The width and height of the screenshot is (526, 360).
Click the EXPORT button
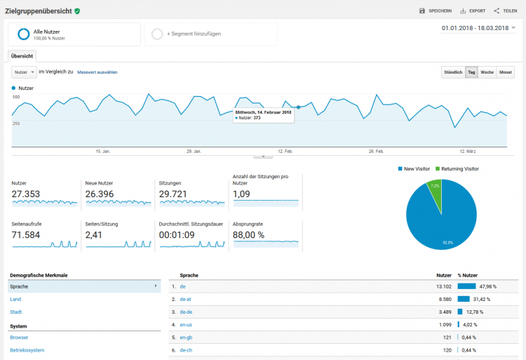coord(473,11)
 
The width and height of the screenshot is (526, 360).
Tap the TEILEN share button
coord(506,11)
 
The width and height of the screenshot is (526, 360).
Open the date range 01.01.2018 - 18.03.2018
coord(478,28)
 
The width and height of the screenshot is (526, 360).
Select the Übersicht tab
coord(22,55)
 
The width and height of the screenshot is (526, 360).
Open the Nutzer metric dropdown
coord(25,72)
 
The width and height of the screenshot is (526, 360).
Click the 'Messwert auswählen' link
coord(97,72)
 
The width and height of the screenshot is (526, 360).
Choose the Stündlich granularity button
coord(452,72)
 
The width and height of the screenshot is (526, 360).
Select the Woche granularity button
coord(487,72)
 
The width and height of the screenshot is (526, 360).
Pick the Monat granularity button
coord(505,72)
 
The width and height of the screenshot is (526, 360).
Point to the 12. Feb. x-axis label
coord(285,151)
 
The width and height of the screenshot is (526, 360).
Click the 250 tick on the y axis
coord(15,123)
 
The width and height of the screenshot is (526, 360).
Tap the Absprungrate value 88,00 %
coord(248,235)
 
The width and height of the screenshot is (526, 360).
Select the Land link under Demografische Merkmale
coord(15,299)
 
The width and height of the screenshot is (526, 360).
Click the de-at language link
coord(186,299)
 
